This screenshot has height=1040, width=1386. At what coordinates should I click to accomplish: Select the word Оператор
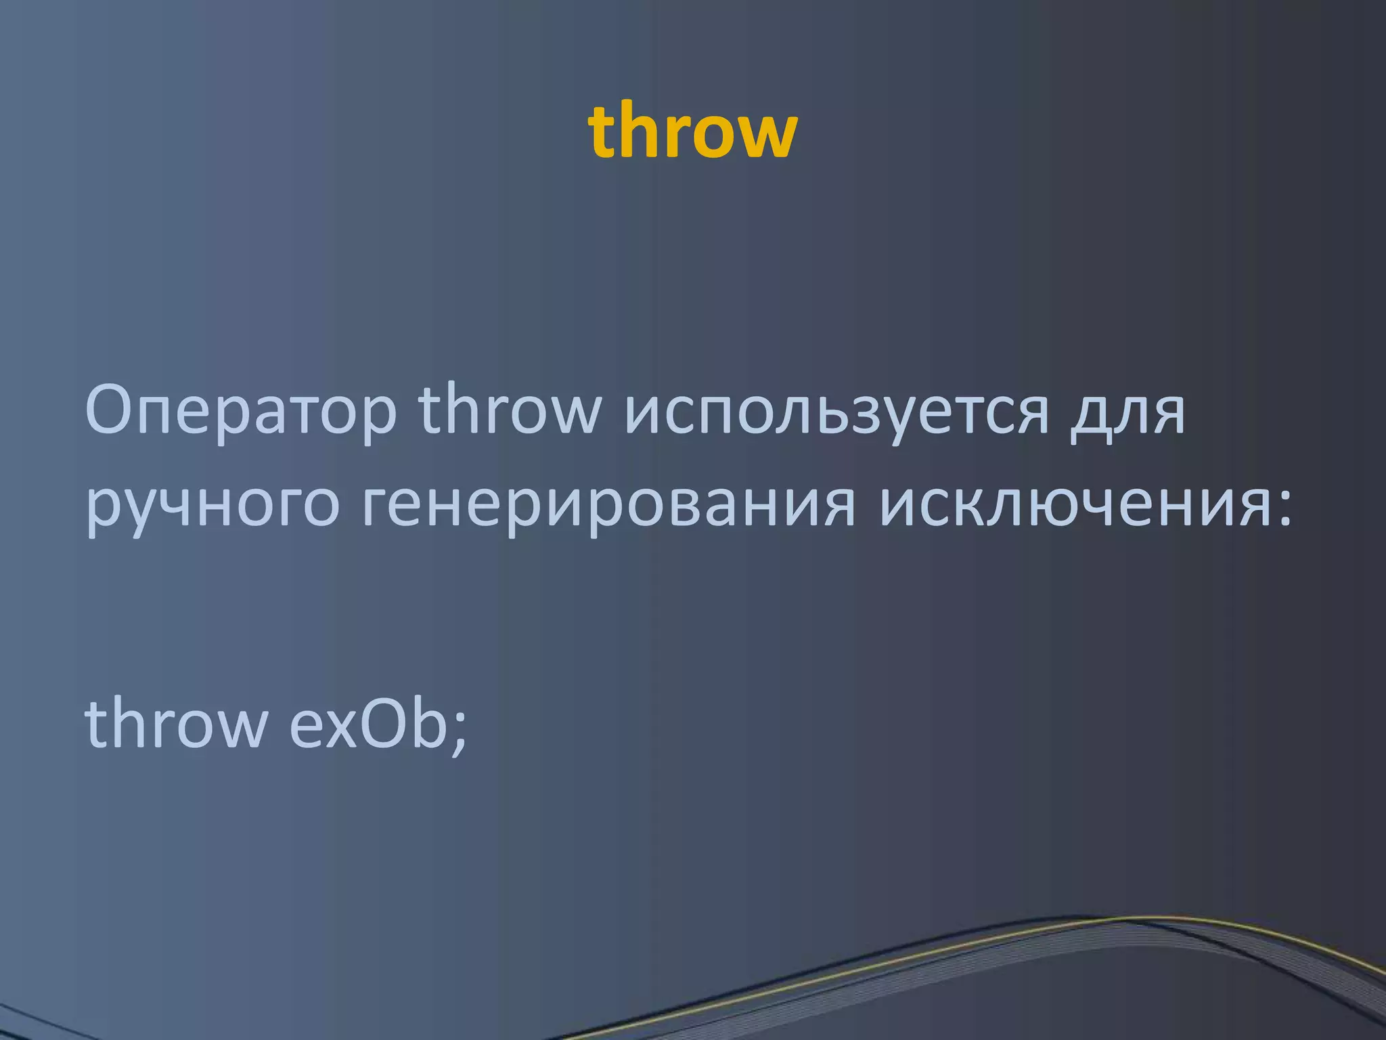click(x=240, y=412)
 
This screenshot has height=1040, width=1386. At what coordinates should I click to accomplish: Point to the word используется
click(x=836, y=412)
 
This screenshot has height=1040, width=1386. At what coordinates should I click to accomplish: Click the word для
click(x=1127, y=413)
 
